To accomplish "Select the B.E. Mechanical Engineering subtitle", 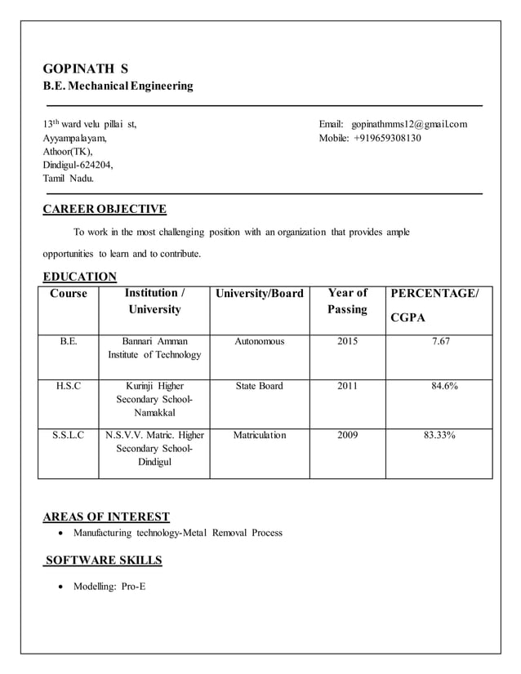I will click(118, 86).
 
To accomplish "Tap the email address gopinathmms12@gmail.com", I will click(409, 124).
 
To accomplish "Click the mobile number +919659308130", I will click(386, 138).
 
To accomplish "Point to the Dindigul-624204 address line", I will click(78, 165).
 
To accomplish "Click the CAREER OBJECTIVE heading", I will click(105, 209).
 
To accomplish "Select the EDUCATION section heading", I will click(79, 277).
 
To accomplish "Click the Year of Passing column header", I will click(347, 301).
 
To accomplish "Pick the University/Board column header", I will click(259, 294).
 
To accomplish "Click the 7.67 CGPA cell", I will click(439, 341).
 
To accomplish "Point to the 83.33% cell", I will click(439, 435).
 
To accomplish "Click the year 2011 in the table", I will click(347, 386).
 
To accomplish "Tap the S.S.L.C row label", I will click(69, 435).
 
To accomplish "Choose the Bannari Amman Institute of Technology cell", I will click(154, 348).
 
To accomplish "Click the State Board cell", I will click(259, 386).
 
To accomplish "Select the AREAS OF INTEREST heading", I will click(106, 516).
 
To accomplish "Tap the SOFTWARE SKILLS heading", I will click(103, 560).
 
